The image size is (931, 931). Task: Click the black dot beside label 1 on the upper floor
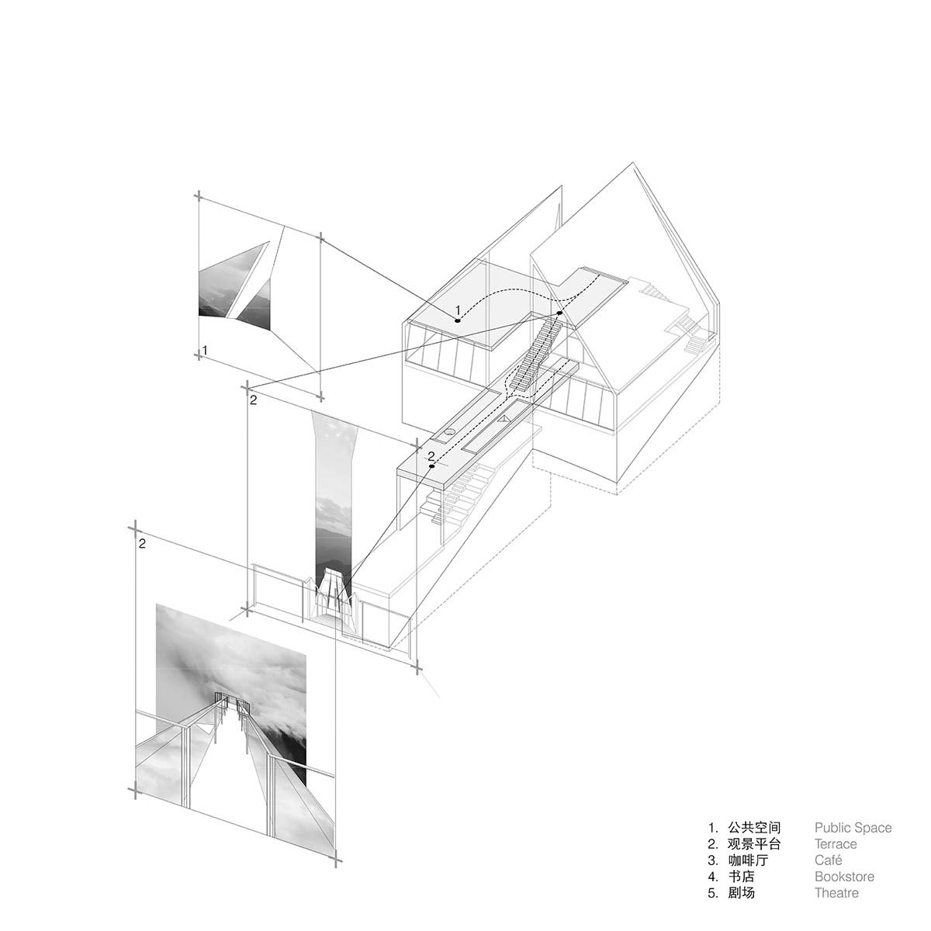[x=458, y=320]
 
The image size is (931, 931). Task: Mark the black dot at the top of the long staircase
[x=560, y=313]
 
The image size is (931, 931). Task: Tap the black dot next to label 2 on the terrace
[x=432, y=466]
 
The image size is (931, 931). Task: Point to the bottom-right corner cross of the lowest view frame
[x=337, y=860]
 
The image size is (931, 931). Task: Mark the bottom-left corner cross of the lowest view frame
[x=136, y=790]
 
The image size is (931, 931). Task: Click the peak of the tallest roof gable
[x=633, y=163]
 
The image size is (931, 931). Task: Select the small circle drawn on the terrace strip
[x=449, y=432]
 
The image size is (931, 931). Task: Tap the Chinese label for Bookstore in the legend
[x=741, y=877]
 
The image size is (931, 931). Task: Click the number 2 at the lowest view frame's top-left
[x=142, y=544]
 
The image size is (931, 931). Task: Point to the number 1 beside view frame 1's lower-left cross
[x=205, y=350]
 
